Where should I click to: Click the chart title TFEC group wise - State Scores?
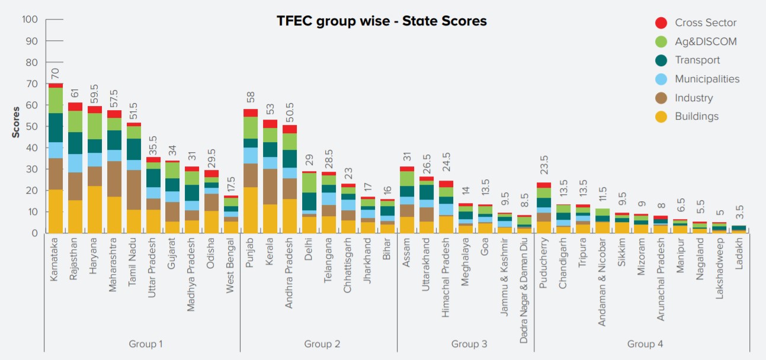(x=382, y=21)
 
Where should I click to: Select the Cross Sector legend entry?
(x=706, y=23)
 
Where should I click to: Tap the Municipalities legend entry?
(x=707, y=79)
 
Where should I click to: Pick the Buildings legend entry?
(x=696, y=116)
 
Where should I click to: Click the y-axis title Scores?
(x=16, y=122)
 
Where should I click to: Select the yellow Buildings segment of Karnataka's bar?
(x=56, y=211)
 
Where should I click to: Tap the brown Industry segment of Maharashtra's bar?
(x=114, y=179)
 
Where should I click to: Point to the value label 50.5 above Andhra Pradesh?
(x=290, y=113)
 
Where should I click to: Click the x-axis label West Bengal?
(x=231, y=261)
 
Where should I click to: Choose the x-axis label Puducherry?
(x=544, y=261)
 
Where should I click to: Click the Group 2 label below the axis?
(x=322, y=344)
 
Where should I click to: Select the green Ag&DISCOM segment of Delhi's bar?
(x=309, y=182)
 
